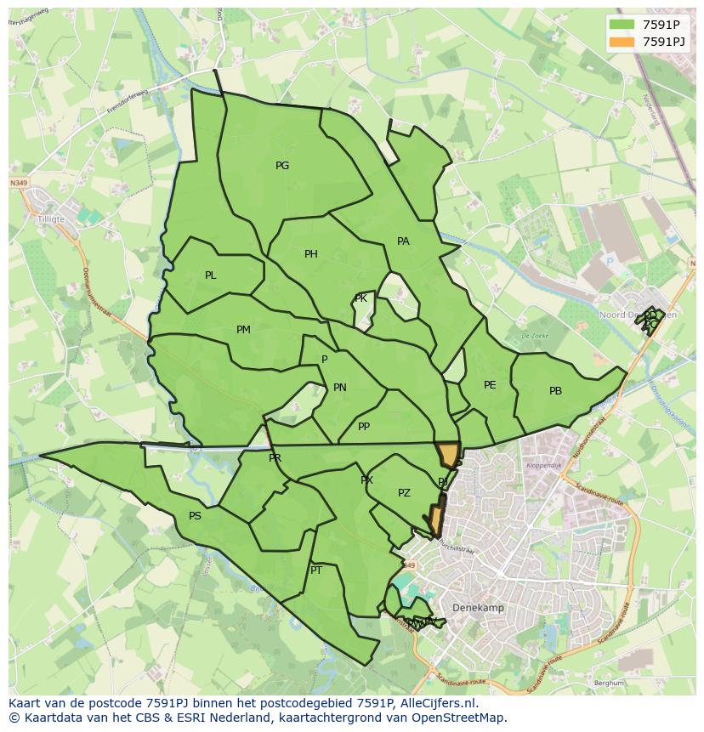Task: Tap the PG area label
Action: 282,166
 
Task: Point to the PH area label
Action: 311,254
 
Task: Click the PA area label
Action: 403,241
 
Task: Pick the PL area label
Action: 211,275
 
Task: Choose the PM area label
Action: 243,330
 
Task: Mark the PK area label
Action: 361,298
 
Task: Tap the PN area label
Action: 340,388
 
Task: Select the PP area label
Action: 364,427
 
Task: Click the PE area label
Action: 490,385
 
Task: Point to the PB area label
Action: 555,391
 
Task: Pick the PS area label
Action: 195,516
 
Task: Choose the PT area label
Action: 316,570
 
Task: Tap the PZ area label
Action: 404,493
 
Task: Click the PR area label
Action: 275,458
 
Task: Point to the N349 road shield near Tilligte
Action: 19,183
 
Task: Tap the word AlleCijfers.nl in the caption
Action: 438,704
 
